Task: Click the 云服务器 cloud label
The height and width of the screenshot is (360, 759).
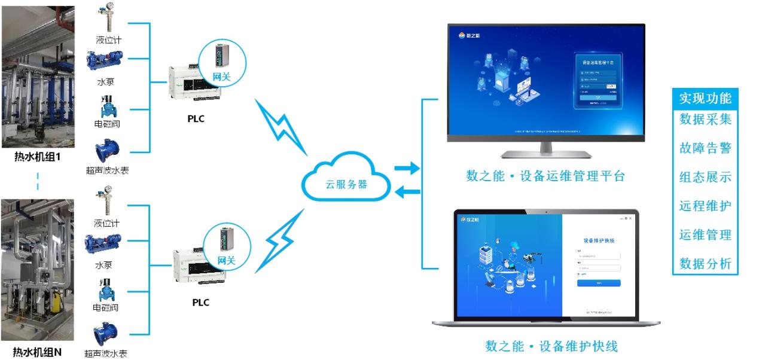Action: [347, 184]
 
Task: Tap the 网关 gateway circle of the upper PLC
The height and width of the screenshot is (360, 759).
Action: [221, 62]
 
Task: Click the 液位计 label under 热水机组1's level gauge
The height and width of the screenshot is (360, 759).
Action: [108, 40]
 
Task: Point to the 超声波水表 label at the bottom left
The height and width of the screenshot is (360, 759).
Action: [106, 353]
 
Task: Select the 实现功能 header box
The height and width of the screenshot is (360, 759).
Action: [705, 98]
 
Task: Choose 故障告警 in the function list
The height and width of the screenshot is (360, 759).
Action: [705, 148]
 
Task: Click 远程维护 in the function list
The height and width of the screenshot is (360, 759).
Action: [705, 206]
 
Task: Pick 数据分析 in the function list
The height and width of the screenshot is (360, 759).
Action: [705, 263]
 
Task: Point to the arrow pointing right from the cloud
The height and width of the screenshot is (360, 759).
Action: [407, 169]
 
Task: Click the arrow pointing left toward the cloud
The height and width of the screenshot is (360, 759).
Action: [407, 192]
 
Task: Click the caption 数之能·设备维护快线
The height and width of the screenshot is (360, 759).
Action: [551, 346]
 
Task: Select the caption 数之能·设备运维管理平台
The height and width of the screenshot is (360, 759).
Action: [545, 176]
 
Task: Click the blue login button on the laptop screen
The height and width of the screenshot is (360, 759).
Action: [599, 283]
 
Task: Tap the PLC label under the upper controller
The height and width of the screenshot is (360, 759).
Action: [196, 118]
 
